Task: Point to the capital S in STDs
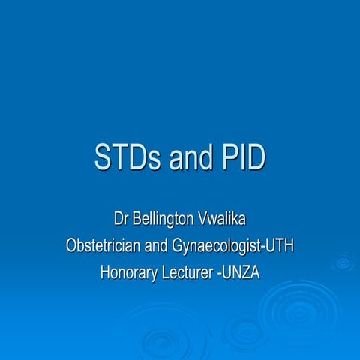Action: click(x=103, y=158)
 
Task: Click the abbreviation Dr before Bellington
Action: click(x=121, y=220)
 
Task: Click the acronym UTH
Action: click(x=278, y=245)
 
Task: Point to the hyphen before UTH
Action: click(x=262, y=247)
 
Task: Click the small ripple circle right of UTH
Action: click(x=343, y=262)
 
